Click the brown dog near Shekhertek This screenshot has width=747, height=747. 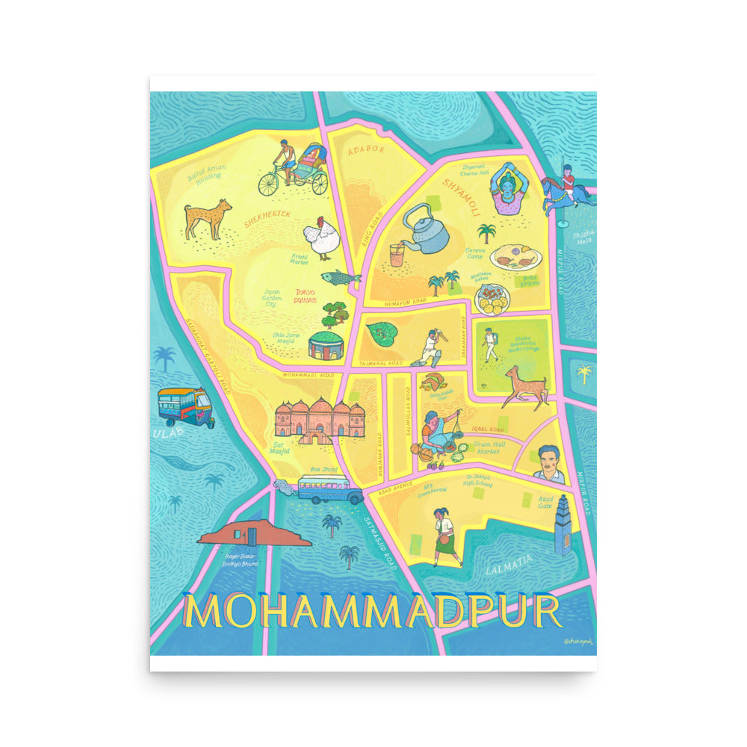[x=208, y=217]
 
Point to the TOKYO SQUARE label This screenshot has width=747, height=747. [x=305, y=296]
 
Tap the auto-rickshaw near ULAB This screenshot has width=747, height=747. [x=185, y=406]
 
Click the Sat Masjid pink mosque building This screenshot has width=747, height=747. [x=320, y=419]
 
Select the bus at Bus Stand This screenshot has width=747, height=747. [x=329, y=488]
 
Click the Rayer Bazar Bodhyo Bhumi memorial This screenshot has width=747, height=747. [x=254, y=533]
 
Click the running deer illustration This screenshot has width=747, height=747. [x=526, y=387]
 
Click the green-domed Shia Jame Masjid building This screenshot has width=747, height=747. [x=326, y=344]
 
